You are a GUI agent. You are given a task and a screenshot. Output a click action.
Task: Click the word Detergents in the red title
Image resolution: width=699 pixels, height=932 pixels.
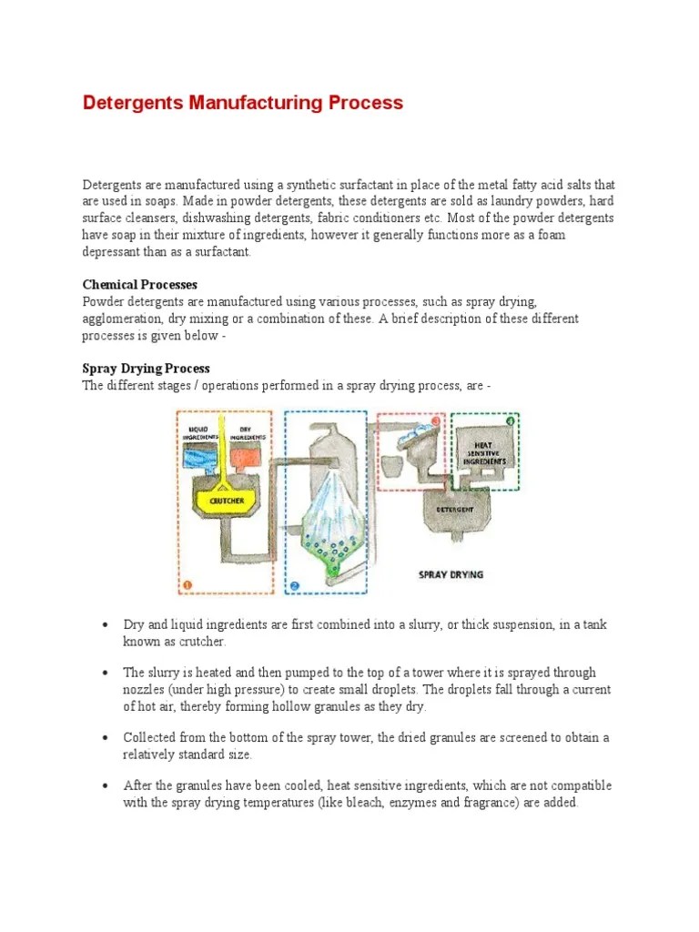133,102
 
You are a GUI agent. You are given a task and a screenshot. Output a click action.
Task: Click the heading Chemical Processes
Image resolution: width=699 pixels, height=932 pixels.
139,285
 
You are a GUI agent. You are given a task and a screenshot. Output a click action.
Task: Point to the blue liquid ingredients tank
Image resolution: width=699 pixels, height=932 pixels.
199,461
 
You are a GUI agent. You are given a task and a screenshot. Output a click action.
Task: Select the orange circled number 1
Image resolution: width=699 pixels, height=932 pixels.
187,585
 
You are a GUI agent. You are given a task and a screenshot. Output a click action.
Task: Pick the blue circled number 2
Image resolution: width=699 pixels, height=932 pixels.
294,585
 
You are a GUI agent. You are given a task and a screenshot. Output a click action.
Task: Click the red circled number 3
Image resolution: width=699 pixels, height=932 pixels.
435,421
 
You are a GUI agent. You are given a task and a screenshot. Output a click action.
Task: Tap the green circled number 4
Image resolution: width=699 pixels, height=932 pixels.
511,420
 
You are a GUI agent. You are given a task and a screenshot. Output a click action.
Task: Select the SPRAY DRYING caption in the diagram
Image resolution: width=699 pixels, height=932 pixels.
451,574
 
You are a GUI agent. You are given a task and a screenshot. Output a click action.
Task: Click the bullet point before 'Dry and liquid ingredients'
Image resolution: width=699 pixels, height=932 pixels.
106,625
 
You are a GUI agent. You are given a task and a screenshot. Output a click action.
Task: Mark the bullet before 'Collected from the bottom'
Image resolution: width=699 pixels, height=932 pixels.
106,738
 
